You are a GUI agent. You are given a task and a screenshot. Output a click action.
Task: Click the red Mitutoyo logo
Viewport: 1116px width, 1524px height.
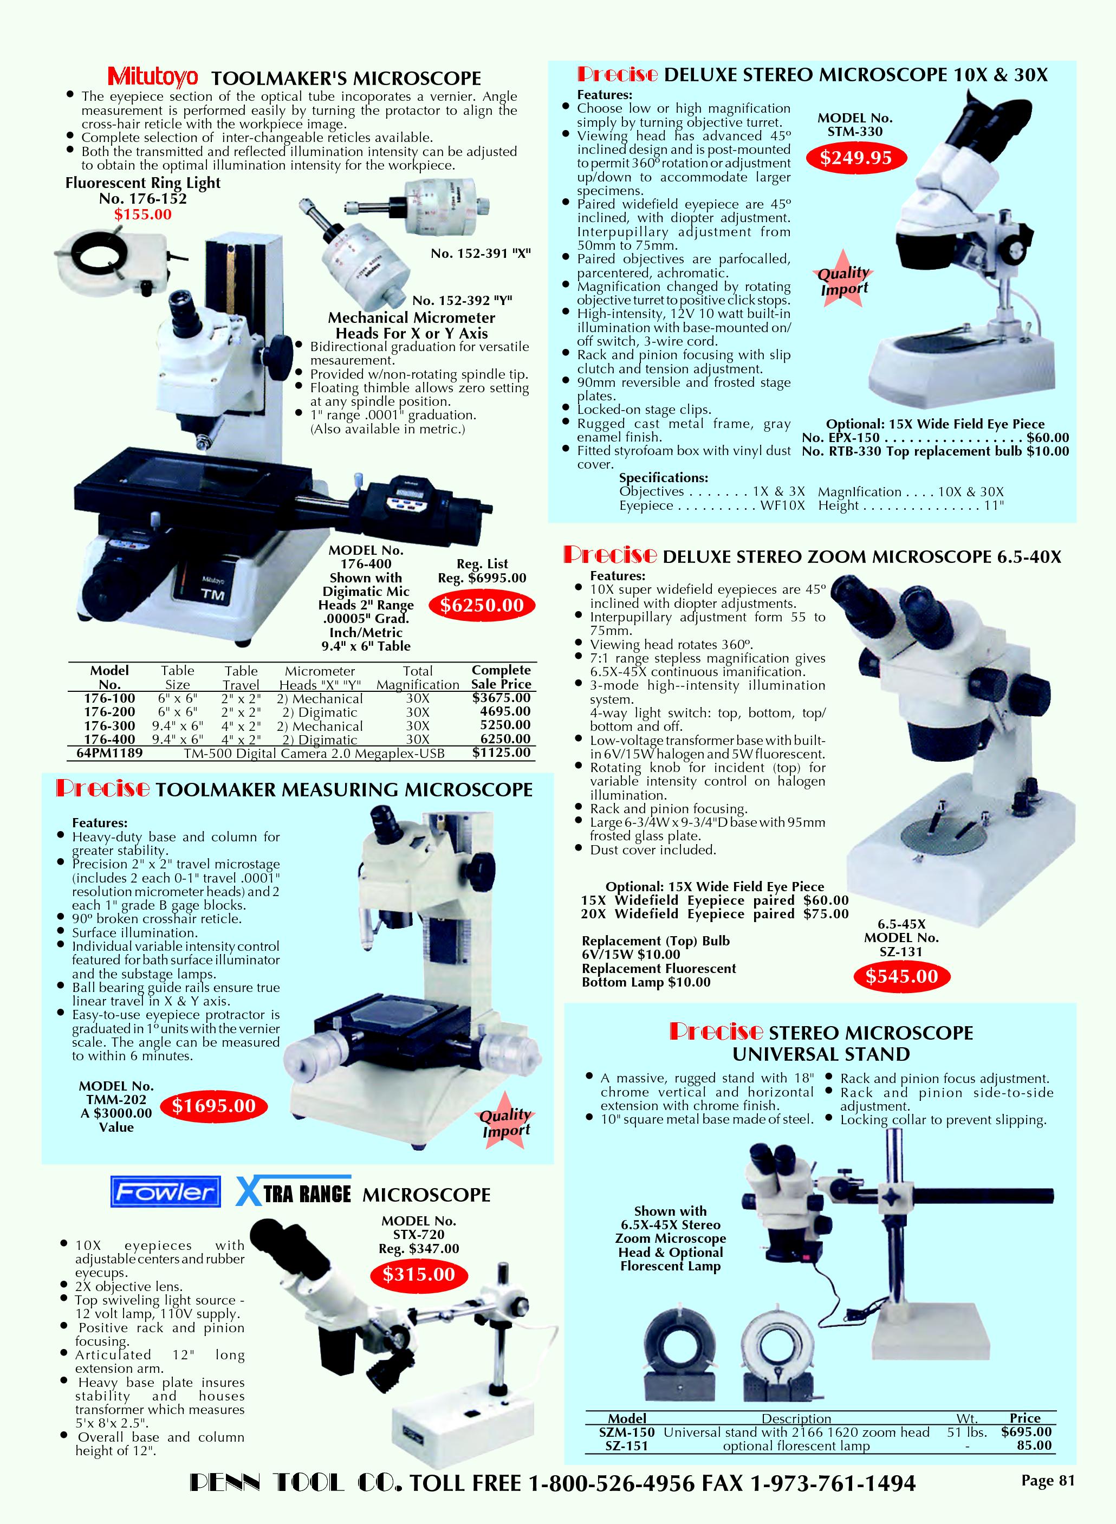[153, 76]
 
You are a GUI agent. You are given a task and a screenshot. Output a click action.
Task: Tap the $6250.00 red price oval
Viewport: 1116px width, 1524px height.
[482, 605]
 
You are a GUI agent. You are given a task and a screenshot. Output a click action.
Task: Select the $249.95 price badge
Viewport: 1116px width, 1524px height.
[855, 158]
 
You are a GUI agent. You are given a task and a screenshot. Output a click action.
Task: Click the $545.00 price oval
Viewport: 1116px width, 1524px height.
[902, 976]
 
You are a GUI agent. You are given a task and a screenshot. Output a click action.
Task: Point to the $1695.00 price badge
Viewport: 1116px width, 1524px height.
[213, 1106]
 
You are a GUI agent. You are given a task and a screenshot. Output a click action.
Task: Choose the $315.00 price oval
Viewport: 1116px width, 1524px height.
[418, 1275]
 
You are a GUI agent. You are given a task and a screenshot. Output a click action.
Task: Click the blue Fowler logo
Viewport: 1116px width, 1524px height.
[166, 1192]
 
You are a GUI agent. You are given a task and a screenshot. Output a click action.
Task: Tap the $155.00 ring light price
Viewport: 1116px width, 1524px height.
[142, 215]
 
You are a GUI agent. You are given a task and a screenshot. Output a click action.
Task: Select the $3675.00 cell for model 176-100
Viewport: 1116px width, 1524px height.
[501, 698]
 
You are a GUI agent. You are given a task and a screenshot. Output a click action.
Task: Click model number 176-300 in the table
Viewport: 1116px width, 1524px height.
[109, 726]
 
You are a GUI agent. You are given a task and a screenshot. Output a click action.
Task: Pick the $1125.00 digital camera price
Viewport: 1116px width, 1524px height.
[501, 753]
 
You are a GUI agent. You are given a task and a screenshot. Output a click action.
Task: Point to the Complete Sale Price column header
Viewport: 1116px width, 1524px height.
[501, 677]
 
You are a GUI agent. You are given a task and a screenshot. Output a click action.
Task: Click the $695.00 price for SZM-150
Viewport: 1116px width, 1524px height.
[1027, 1432]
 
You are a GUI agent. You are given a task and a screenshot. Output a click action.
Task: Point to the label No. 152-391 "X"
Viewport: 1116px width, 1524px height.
[481, 254]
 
